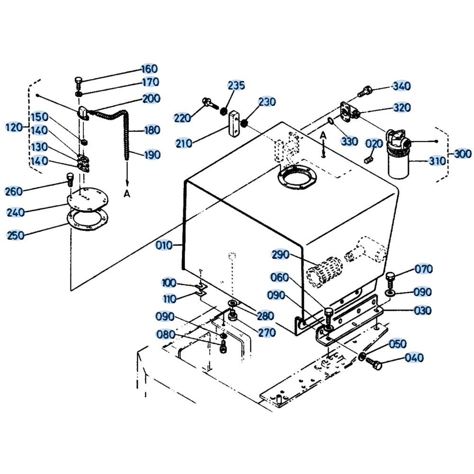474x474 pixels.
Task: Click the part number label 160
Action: coord(149,69)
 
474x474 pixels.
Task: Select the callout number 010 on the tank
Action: coord(164,245)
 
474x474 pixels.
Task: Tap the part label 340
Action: coord(401,86)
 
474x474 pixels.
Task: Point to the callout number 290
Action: coord(281,255)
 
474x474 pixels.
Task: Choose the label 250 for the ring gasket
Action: coord(16,235)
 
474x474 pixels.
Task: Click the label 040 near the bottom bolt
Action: coord(414,357)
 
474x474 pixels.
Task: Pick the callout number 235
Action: coord(236,85)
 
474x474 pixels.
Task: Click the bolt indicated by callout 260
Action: coord(70,180)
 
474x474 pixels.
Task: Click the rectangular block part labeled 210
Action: coord(235,124)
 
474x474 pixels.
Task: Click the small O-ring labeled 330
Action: coord(331,121)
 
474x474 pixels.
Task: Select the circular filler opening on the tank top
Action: coord(298,178)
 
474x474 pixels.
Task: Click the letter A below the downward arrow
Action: coord(127,193)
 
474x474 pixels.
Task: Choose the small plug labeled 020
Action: coord(368,159)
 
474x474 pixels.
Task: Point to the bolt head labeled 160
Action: coord(79,81)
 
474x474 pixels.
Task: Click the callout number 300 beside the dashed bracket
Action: coord(463,154)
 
